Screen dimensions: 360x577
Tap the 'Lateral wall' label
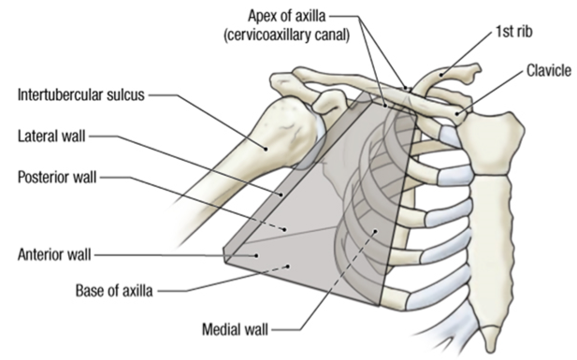[x=51, y=137]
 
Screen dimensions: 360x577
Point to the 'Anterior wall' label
[x=53, y=252]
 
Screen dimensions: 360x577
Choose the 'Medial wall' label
[x=236, y=329]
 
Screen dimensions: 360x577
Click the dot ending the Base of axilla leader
[x=290, y=266]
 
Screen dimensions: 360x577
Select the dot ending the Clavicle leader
[x=456, y=113]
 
